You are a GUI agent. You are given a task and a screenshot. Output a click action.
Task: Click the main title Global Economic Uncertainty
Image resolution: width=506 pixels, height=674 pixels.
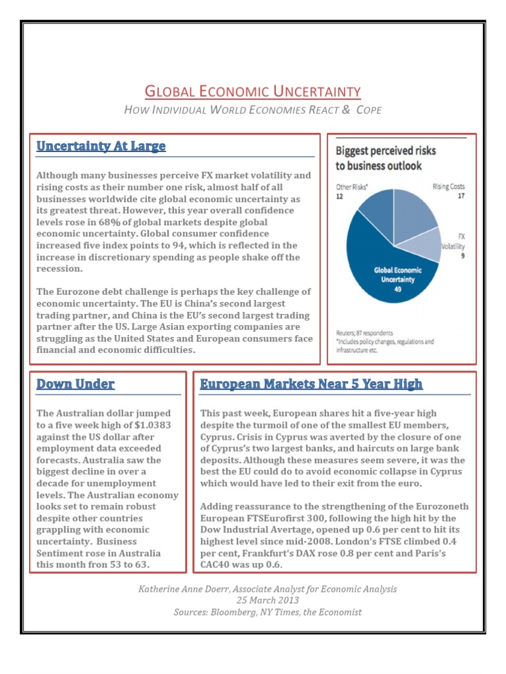tap(252, 91)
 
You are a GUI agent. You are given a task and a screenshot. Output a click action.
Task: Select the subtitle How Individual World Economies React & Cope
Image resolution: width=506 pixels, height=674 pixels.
tap(252, 109)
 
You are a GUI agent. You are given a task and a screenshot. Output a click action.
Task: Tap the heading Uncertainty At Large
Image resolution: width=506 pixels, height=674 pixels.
tap(101, 146)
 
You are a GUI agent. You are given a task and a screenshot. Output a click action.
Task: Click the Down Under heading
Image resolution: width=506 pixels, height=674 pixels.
tap(75, 384)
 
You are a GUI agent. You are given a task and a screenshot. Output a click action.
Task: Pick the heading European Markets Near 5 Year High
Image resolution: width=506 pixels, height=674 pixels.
tap(311, 384)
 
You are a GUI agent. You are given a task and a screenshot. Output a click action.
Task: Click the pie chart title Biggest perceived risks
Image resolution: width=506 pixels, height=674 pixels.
tap(385, 158)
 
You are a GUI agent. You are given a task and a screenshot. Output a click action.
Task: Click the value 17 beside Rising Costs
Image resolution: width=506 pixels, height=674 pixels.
tap(461, 195)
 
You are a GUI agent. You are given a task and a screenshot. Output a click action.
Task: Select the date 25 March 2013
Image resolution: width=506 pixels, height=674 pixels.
tap(267, 600)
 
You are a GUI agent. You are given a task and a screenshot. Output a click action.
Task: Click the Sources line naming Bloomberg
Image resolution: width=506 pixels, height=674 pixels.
tap(267, 612)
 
